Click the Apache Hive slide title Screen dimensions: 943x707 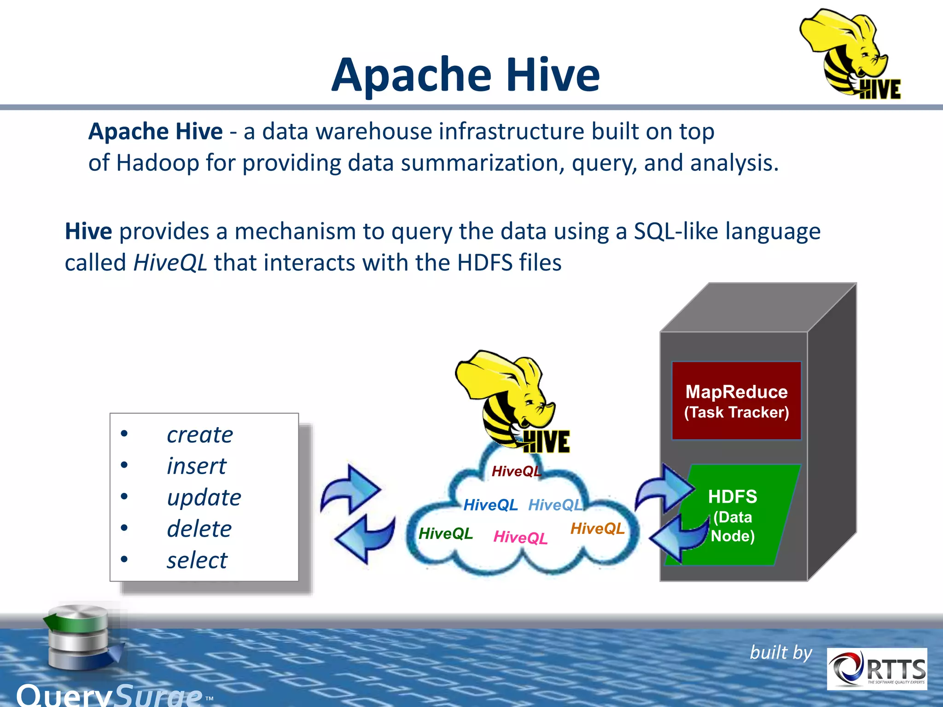click(x=466, y=75)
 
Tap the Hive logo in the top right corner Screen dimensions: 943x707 click(x=850, y=54)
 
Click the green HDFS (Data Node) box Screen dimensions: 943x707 click(x=733, y=515)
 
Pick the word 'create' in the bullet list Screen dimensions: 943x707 click(x=200, y=435)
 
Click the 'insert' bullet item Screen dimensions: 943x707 click(x=197, y=466)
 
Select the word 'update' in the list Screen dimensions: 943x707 click(x=204, y=497)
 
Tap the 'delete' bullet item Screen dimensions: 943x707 click(x=199, y=528)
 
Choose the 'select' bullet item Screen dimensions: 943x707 click(x=197, y=560)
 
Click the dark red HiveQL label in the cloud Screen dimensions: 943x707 click(x=516, y=471)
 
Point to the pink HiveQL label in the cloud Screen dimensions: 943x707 click(x=520, y=537)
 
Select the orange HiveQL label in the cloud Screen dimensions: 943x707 click(x=597, y=528)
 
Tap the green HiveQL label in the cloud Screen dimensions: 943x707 click(x=445, y=533)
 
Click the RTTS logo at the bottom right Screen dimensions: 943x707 click(x=877, y=669)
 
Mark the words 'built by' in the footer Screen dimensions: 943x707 click(x=781, y=653)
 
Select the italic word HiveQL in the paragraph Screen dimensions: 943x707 click(x=170, y=263)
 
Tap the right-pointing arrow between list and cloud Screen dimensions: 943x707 click(x=351, y=489)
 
